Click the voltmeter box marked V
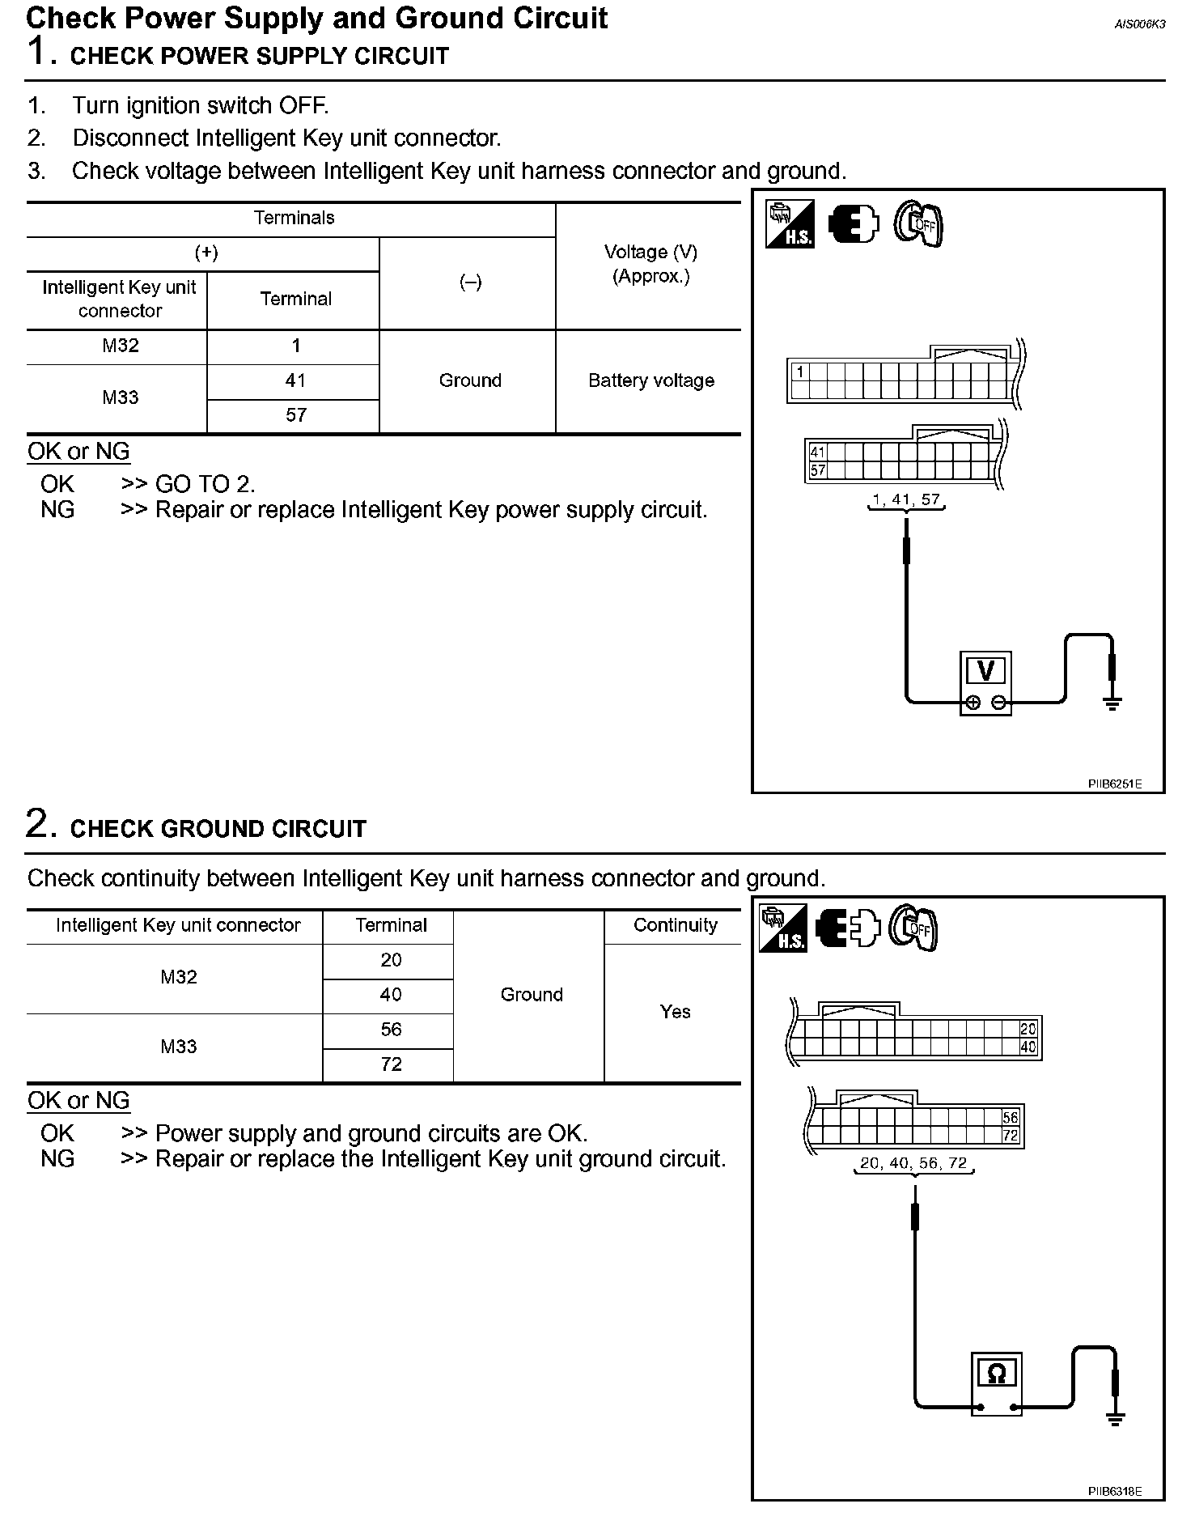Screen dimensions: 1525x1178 985,683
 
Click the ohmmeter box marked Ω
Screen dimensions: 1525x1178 997,1383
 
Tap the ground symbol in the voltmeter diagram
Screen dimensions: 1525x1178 1113,702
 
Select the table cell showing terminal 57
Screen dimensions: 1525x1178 295,415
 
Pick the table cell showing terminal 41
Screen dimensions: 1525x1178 295,380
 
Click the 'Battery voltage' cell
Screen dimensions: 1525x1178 650,380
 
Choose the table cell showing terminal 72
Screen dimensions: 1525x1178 391,1064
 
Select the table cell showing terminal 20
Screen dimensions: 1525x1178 391,960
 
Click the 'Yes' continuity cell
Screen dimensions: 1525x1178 675,1012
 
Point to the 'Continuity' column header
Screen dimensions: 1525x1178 675,925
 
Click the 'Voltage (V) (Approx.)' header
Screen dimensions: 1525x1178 650,264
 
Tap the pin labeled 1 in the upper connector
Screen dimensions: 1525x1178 800,372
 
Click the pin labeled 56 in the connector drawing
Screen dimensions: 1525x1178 1010,1118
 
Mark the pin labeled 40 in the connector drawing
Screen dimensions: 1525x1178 1028,1046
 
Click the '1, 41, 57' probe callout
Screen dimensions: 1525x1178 906,500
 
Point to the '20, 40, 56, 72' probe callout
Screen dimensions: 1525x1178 913,1163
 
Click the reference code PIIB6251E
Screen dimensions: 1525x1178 1114,784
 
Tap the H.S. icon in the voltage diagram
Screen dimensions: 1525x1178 789,224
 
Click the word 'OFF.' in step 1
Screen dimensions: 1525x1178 303,105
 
